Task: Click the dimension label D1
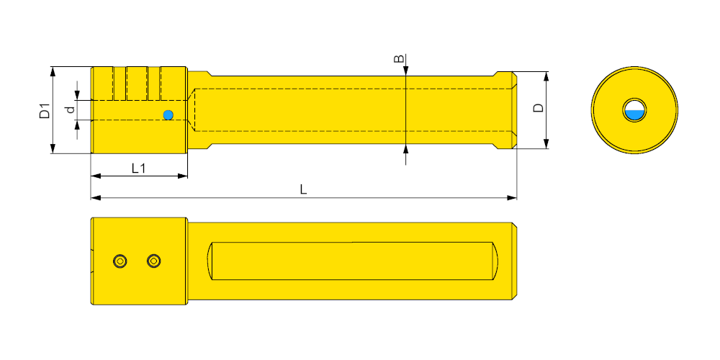point(45,112)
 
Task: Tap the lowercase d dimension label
point(70,109)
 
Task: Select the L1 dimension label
point(138,168)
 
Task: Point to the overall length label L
point(304,189)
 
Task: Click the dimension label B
point(400,59)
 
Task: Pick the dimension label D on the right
point(538,108)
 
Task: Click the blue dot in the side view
point(168,115)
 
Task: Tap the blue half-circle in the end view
point(634,114)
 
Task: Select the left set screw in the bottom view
point(120,261)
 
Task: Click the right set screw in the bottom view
point(154,261)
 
